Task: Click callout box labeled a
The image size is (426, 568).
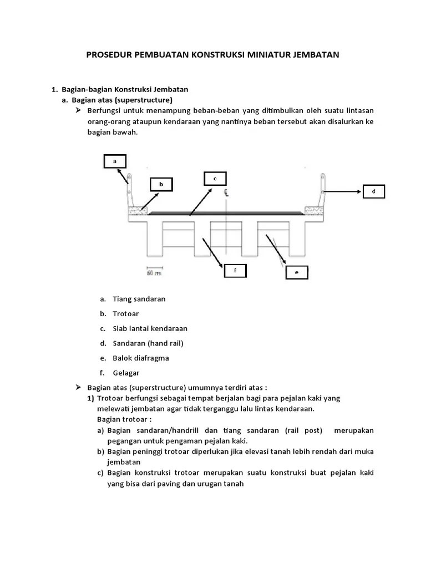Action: point(115,161)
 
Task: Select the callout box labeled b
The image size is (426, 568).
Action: point(161,184)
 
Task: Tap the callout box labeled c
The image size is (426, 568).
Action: point(215,178)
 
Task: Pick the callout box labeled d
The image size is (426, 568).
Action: point(373,191)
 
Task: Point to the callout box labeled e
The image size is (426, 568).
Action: point(296,272)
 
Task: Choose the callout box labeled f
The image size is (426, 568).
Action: point(235,270)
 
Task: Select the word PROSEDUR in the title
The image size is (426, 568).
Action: point(109,55)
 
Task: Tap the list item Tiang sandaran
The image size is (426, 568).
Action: point(139,299)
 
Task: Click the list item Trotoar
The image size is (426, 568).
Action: point(125,313)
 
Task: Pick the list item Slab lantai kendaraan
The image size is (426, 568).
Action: point(150,328)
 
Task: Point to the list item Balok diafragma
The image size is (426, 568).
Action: point(140,358)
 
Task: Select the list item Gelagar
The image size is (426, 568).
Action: point(126,373)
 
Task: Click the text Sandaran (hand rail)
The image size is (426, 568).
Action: point(148,343)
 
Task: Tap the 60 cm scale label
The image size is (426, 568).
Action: point(154,273)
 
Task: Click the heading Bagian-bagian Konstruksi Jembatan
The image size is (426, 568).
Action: point(125,89)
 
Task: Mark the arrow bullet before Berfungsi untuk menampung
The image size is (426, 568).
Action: point(78,111)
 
